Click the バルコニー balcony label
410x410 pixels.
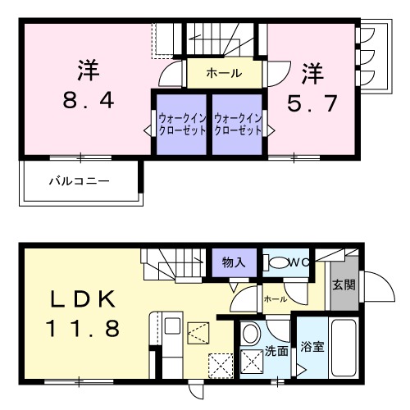click(x=79, y=179)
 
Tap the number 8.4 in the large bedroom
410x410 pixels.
click(x=89, y=102)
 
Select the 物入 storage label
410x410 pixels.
click(x=234, y=262)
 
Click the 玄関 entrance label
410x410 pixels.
click(x=344, y=285)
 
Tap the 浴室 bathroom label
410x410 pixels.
click(x=312, y=347)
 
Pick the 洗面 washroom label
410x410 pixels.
click(x=276, y=351)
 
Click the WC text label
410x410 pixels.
click(x=301, y=262)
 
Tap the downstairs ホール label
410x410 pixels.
click(x=275, y=299)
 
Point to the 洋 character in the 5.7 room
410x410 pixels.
click(x=312, y=72)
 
